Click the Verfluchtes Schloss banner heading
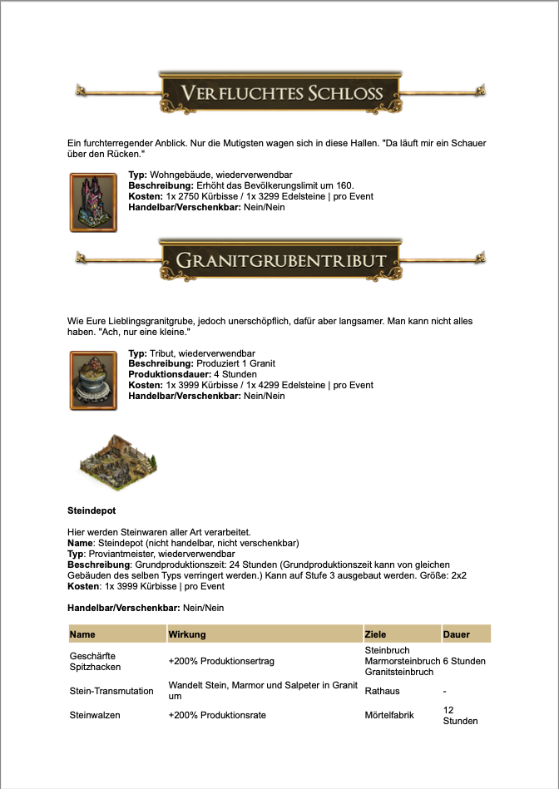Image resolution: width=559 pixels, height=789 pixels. (x=281, y=92)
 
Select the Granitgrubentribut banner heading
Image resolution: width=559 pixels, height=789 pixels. (x=281, y=260)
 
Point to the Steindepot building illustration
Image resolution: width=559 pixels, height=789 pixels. (x=117, y=462)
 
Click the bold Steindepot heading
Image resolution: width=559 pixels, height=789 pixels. (x=90, y=510)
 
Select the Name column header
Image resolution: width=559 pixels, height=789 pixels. (x=83, y=634)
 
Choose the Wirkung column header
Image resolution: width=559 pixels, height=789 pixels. (x=187, y=634)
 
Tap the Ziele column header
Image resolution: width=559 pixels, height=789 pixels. (x=376, y=634)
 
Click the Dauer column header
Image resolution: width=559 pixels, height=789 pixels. (x=457, y=634)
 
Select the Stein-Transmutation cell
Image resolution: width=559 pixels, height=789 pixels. (x=111, y=690)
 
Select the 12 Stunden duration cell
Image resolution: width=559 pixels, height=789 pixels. (x=461, y=715)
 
